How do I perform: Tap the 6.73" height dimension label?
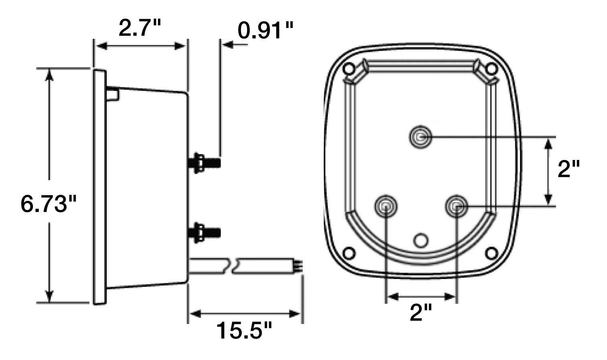tap(49, 204)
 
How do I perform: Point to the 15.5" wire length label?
tap(244, 330)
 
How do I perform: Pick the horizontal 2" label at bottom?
tap(421, 312)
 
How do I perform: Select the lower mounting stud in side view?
tap(204, 232)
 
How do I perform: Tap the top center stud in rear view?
tap(420, 138)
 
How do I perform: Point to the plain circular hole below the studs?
tap(421, 240)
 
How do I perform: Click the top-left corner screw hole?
tap(350, 69)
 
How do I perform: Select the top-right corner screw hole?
tap(490, 69)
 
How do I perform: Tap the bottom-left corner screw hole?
tap(350, 253)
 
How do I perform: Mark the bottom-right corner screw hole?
tap(491, 253)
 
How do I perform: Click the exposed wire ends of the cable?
tap(299, 265)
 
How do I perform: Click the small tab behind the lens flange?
tap(113, 95)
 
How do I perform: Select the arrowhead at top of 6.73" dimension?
tap(49, 75)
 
